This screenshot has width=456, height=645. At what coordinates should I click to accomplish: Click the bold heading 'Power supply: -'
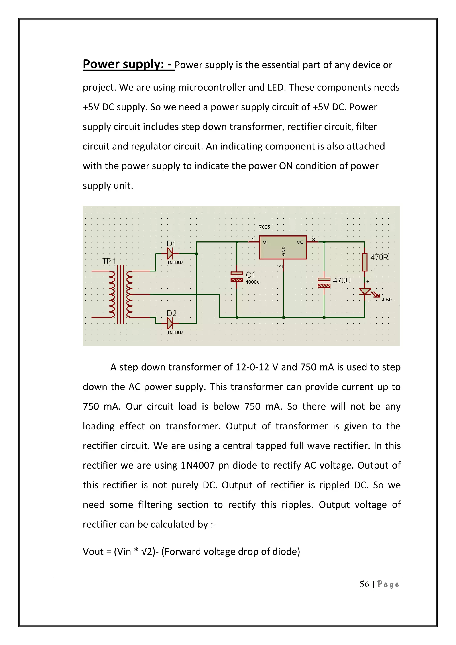128,64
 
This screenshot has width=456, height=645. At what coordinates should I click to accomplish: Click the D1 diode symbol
170,253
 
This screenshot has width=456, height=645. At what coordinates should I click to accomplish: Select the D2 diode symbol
170,323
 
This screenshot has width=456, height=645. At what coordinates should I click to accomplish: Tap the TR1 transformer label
109,261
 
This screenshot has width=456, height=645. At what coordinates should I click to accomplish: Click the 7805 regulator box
283,247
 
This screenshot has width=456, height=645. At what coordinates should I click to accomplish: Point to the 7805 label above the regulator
265,227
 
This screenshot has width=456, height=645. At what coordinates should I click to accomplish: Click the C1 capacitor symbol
237,276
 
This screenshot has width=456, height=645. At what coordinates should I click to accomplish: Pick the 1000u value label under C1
253,282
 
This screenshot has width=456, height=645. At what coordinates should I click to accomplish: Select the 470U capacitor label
342,280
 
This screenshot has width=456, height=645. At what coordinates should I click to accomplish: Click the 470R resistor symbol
364,262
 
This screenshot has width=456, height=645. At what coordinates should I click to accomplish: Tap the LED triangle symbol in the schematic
365,291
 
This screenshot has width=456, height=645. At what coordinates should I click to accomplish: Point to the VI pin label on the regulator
265,242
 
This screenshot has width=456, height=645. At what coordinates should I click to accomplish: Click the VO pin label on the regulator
300,242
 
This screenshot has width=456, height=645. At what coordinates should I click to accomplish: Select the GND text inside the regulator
284,251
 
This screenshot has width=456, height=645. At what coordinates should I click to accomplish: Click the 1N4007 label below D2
175,332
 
